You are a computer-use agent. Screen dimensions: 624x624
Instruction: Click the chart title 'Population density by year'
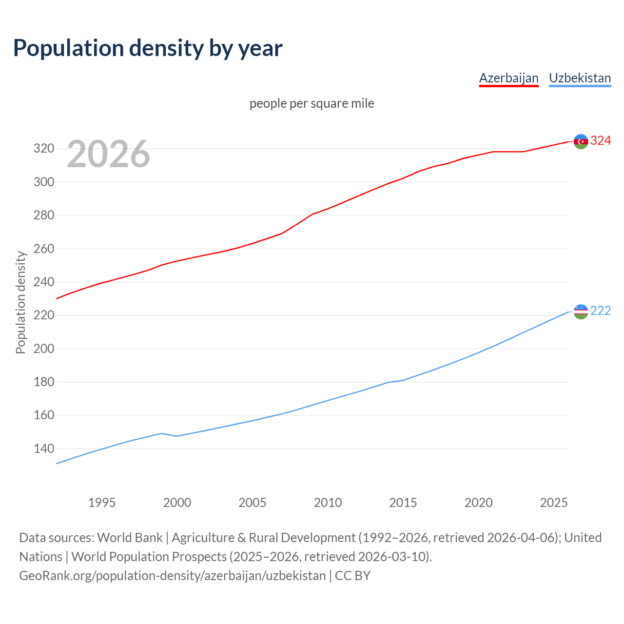(148, 48)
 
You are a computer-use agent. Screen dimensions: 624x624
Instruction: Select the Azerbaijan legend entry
(508, 78)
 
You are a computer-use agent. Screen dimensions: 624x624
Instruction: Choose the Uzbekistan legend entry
(580, 78)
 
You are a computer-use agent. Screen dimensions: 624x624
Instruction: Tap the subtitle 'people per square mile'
(312, 103)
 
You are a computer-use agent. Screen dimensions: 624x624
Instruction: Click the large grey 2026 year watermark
(108, 154)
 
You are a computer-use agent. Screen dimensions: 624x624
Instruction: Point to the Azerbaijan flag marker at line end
(581, 141)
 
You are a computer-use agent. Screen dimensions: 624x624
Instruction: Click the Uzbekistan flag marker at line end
(581, 312)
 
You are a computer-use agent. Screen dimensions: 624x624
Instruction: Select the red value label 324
(601, 141)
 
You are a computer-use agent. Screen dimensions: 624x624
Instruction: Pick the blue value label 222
(601, 311)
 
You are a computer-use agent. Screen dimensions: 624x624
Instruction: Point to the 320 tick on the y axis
(43, 149)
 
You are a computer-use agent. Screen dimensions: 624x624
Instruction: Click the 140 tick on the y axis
(43, 449)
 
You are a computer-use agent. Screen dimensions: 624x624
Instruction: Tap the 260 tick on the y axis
(43, 249)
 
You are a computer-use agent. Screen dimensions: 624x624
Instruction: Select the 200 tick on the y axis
(43, 349)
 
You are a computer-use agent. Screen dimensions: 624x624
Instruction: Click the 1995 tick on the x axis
(102, 503)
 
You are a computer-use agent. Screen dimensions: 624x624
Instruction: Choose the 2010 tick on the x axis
(328, 503)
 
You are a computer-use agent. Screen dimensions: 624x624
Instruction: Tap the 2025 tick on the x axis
(554, 503)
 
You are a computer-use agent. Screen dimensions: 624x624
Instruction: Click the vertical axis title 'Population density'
(20, 302)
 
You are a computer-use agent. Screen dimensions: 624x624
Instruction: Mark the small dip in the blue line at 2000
(177, 436)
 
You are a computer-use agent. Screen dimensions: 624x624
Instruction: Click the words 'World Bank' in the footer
(130, 538)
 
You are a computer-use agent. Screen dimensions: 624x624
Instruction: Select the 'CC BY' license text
(352, 576)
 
